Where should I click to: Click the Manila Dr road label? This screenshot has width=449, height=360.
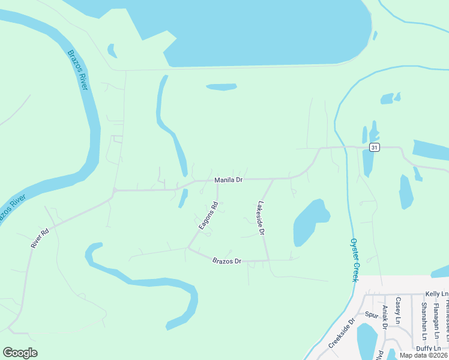coord(229,180)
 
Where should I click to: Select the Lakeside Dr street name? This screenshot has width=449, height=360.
coord(261,217)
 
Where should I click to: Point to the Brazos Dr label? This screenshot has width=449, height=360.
coord(226,261)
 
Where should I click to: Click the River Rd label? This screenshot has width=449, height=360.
coord(39,238)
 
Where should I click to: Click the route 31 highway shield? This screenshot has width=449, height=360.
coord(375,148)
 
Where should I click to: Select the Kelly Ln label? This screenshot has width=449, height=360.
coord(436,294)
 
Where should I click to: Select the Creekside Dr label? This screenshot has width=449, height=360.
coord(342,334)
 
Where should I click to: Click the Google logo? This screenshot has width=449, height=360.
coord(20,353)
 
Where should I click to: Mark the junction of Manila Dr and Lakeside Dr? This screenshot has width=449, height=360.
coord(274,179)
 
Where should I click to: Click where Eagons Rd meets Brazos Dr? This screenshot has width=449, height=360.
coord(188,247)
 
